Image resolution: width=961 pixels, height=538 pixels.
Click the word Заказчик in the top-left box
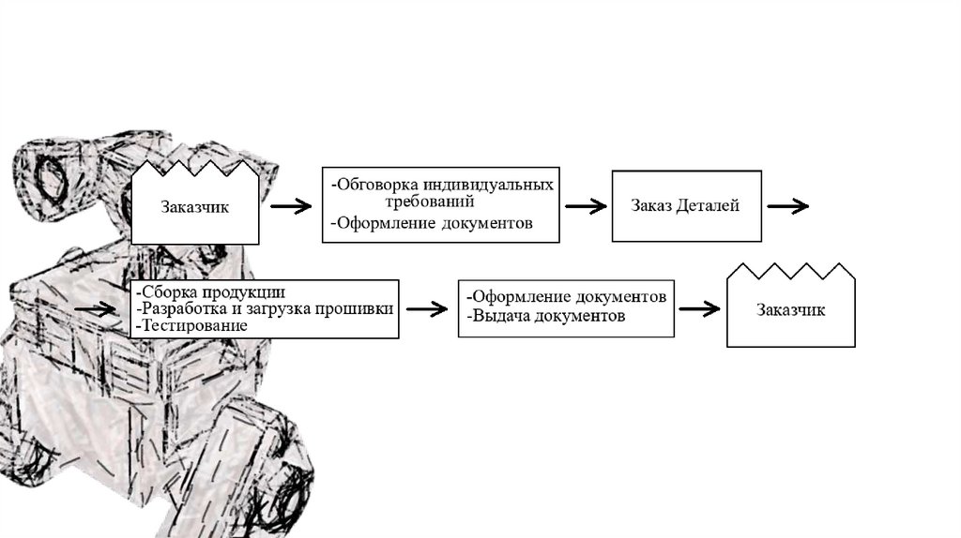tap(195, 207)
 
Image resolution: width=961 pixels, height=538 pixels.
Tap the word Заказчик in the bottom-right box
tap(790, 309)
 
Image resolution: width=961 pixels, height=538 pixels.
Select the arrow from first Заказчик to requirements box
tap(291, 206)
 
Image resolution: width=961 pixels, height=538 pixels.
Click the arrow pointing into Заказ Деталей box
tap(586, 206)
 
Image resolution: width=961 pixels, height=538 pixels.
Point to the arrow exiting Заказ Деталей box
tap(788, 206)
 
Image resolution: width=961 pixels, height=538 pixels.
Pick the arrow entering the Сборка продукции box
tap(95, 309)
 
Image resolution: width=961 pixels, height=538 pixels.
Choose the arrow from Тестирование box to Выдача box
tap(427, 309)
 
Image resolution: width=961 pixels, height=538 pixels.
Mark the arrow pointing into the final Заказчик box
tap(700, 309)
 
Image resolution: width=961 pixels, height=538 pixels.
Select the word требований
tap(430, 201)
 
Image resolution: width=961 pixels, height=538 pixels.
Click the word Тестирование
tap(195, 325)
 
